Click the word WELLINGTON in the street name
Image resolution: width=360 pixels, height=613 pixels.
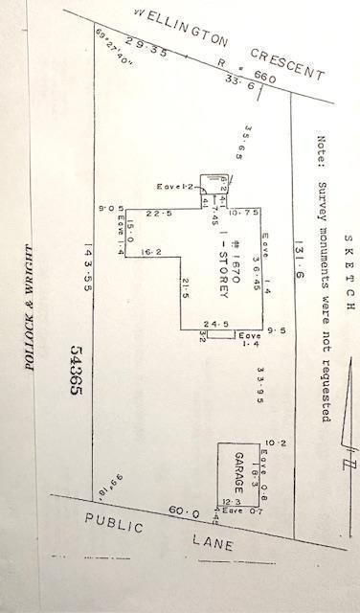pyautogui.click(x=177, y=28)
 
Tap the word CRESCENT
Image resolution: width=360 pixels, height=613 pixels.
pyautogui.click(x=286, y=62)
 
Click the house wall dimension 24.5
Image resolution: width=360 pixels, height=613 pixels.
pyautogui.click(x=216, y=324)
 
